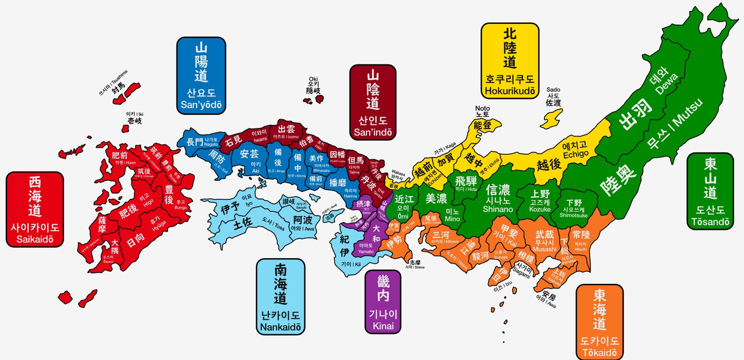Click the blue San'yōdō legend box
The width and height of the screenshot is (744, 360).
point(201,75)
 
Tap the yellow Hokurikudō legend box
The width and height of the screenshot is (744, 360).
point(509,61)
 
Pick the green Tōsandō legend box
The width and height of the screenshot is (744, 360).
point(710,191)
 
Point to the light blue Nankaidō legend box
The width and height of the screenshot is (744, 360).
point(281,297)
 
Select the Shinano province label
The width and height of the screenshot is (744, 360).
point(498,198)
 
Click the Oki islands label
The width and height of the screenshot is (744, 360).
point(314,84)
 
